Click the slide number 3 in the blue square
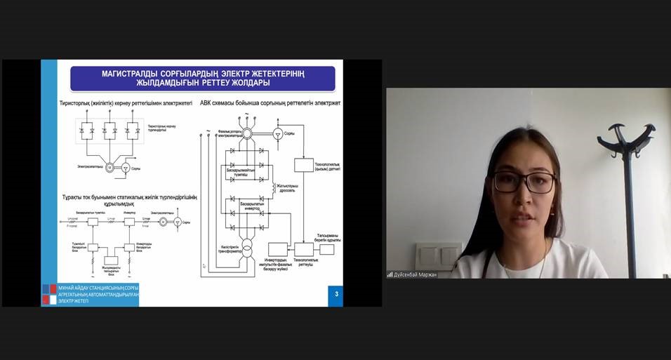coord(336,294)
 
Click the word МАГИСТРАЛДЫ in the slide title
coord(125,74)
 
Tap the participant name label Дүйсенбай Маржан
coord(415,274)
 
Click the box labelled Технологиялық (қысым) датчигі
coord(303,166)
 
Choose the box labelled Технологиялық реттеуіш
coord(304,249)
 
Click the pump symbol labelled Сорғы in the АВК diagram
coord(278,133)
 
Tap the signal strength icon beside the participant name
coord(390,274)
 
